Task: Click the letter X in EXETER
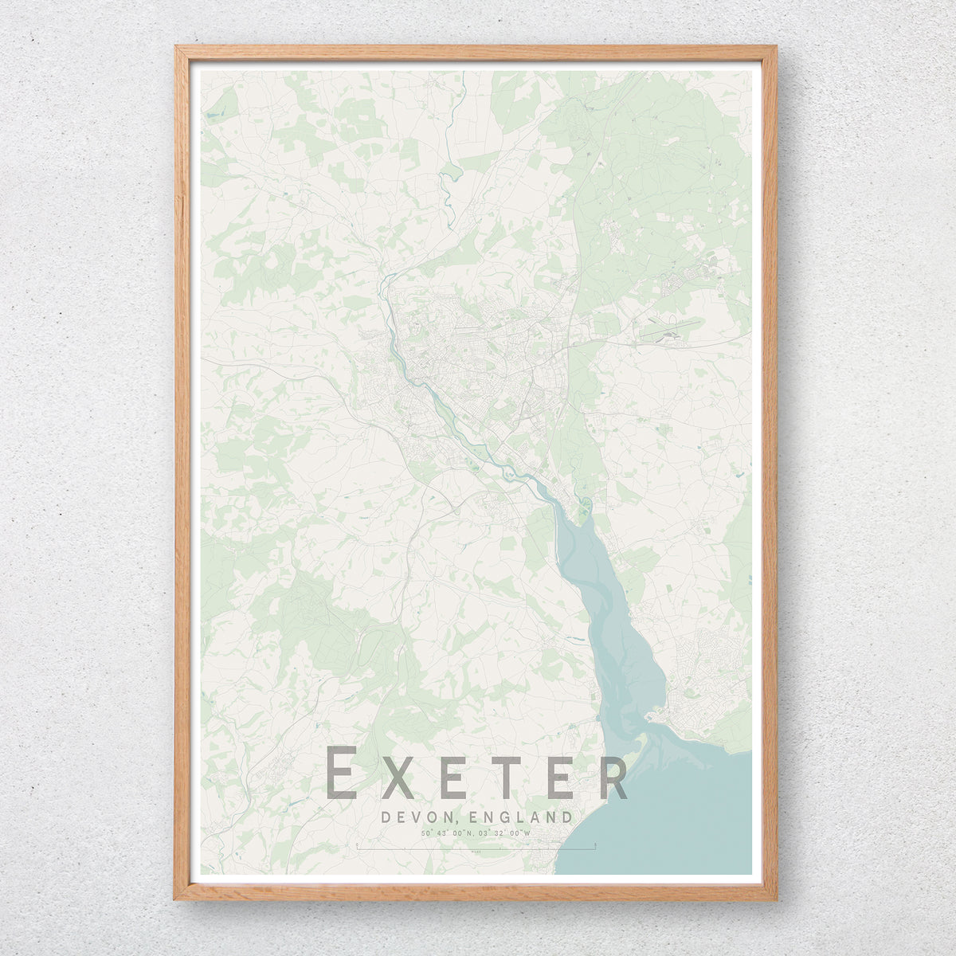(398, 773)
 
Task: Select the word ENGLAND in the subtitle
(521, 817)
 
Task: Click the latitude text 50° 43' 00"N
(448, 833)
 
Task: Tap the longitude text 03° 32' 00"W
(504, 833)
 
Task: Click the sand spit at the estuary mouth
(649, 721)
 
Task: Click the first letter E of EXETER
(343, 773)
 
